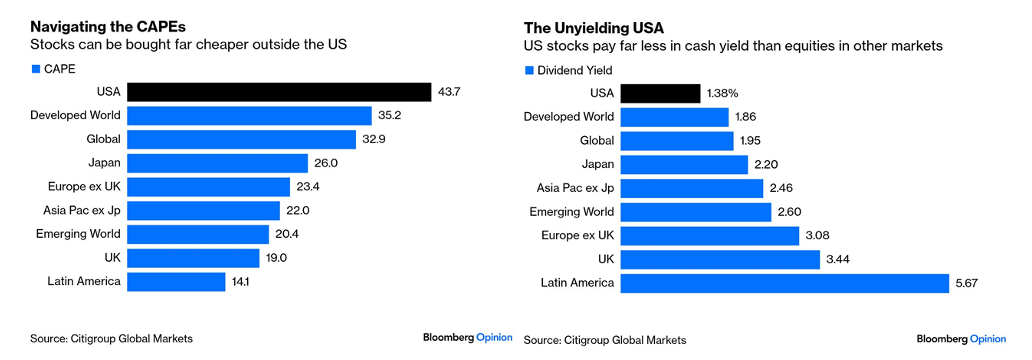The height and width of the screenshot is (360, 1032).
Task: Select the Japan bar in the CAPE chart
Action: point(217,163)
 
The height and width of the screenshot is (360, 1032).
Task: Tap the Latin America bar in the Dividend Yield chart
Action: point(784,283)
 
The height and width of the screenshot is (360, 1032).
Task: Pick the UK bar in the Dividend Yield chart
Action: point(720,259)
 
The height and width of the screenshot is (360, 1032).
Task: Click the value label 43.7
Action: point(449,92)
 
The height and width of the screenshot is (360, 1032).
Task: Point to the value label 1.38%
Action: point(722,93)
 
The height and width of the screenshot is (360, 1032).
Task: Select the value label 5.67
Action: point(966,283)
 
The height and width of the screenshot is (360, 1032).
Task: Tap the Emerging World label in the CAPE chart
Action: point(78,234)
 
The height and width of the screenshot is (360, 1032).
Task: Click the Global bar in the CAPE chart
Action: point(241,139)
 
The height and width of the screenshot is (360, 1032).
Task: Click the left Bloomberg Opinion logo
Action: point(467,338)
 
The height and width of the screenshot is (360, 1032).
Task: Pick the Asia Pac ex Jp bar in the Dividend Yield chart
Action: point(691,188)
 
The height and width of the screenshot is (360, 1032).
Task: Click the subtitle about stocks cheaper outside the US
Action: point(188,44)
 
